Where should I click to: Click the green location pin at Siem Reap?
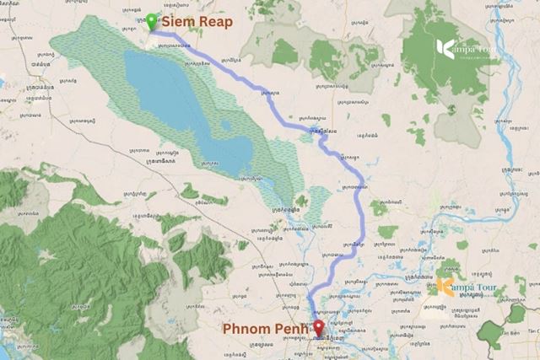tap(151, 21)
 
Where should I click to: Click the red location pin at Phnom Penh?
tap(318, 328)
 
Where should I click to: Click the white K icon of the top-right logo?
tap(445, 49)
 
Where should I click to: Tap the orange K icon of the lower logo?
tap(445, 287)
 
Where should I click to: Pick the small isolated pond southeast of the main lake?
tap(301, 201)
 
